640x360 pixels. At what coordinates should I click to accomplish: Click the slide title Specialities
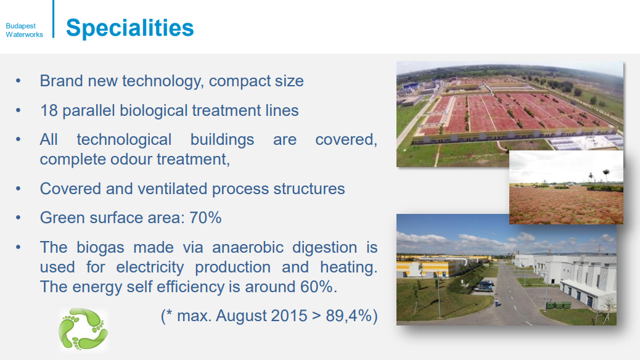130,28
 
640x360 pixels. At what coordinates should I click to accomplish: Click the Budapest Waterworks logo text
24,30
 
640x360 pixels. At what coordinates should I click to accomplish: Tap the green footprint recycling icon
83,329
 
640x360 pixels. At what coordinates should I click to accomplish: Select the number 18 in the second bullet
49,110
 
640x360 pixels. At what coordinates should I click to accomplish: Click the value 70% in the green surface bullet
205,218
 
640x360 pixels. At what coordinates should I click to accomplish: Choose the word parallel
89,110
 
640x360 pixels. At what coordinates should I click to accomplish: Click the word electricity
150,268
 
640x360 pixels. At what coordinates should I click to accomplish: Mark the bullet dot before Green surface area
18,218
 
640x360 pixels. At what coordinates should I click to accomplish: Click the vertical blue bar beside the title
53,18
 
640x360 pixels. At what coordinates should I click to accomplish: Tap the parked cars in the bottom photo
483,285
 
